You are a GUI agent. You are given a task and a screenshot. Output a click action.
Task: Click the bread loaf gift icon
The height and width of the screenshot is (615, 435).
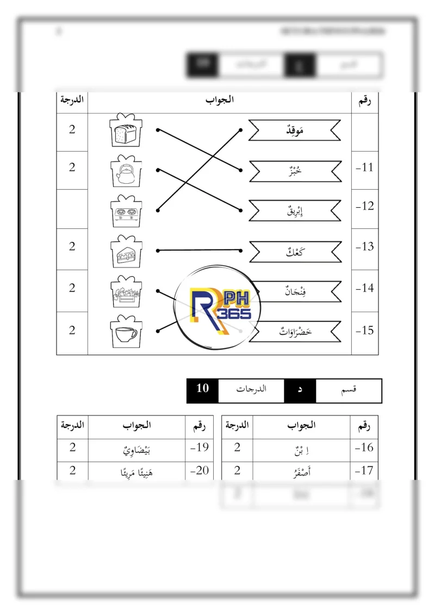126,131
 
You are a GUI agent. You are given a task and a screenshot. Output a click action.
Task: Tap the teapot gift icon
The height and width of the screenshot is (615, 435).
126,172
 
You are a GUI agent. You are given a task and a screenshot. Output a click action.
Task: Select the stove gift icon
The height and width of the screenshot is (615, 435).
126,212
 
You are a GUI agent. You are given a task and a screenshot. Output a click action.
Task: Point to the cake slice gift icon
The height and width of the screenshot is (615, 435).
126,252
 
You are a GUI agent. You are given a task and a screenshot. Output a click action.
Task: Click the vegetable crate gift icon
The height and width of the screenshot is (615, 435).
126,292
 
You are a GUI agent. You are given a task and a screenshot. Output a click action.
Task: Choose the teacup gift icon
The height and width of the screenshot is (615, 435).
126,332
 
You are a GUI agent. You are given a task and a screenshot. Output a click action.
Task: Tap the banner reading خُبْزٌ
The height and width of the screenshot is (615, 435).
295,171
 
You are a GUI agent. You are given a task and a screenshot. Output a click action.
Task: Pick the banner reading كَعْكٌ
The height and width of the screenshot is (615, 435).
295,251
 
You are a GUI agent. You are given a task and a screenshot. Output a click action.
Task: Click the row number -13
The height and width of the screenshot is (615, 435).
365,247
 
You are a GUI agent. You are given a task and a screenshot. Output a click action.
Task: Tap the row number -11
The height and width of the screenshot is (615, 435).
365,167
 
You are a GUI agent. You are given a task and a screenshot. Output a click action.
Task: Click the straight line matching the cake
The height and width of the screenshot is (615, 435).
199,251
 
